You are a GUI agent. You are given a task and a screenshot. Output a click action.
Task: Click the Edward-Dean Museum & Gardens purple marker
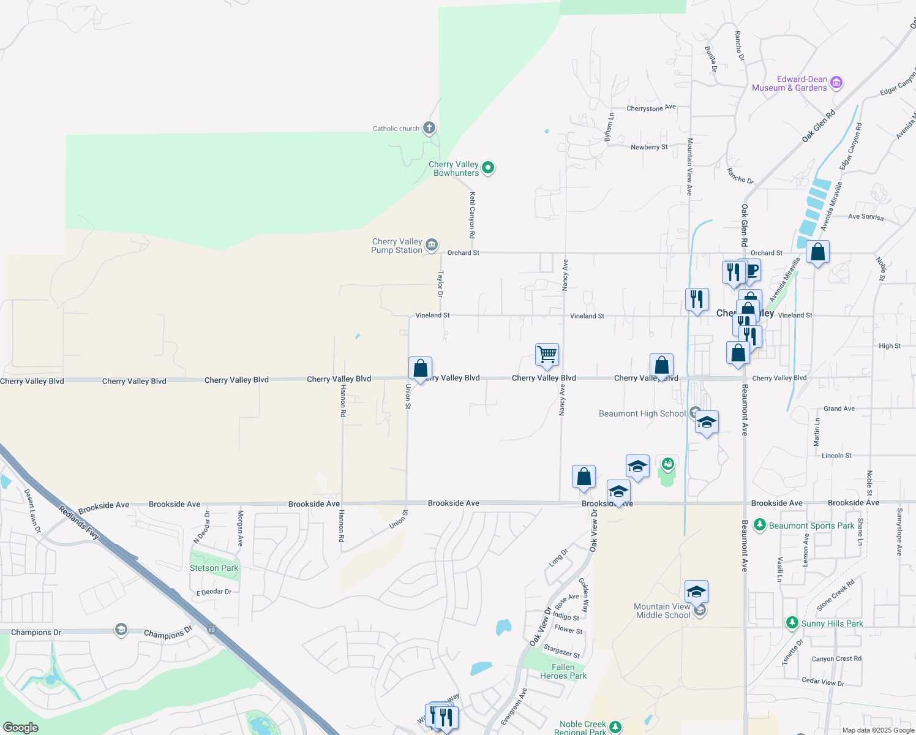837,83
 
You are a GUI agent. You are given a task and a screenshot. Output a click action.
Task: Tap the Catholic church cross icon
429,128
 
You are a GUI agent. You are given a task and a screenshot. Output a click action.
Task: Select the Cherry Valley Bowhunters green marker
488,167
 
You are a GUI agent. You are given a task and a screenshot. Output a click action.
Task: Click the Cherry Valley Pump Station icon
432,246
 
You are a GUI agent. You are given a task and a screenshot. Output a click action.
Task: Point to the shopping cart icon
547,354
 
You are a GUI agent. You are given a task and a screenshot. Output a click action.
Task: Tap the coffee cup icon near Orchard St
751,270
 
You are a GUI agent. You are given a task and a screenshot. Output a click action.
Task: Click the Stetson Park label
214,568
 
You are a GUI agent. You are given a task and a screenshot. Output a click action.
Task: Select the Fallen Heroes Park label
563,671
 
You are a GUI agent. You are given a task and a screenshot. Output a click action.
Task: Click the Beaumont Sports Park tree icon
760,525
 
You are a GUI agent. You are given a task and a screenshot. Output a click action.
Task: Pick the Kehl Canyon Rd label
472,215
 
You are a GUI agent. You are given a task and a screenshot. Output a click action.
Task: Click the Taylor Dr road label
440,284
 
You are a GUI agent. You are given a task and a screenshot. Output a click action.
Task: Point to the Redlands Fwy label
79,522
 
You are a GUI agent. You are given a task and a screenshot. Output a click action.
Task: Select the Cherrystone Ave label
651,108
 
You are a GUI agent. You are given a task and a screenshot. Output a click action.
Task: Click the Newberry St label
649,147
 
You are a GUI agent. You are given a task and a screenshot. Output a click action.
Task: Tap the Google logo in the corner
21,727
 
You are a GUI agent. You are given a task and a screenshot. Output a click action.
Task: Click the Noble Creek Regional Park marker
615,727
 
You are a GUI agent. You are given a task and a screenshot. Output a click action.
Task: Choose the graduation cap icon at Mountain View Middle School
696,592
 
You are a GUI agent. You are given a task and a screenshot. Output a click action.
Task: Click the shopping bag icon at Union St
420,368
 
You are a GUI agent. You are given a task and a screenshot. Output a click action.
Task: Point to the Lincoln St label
836,456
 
